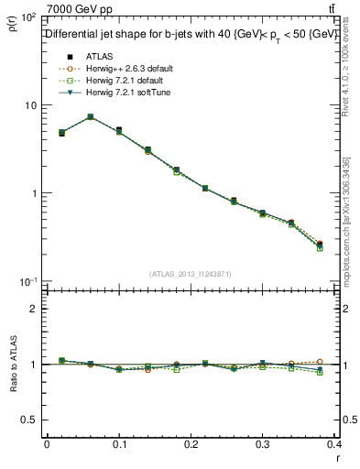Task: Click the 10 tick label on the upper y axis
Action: (31, 105)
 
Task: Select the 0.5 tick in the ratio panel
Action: (31, 420)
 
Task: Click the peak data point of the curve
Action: (90, 117)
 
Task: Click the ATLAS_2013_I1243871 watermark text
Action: (191, 274)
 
